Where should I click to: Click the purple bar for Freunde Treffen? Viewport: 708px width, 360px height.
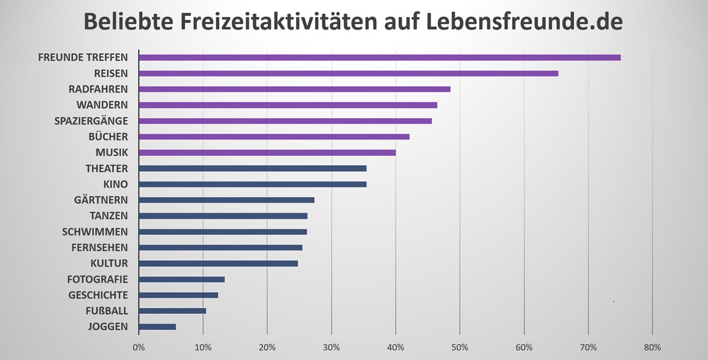click(x=379, y=57)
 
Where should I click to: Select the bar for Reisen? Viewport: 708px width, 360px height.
click(x=348, y=73)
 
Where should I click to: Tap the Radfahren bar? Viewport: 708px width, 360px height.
click(x=294, y=89)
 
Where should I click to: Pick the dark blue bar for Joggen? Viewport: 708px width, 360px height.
click(x=158, y=326)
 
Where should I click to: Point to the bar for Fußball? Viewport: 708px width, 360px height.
click(x=172, y=310)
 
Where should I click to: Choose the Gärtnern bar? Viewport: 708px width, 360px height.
click(x=227, y=200)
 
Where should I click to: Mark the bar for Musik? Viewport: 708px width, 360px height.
click(x=267, y=152)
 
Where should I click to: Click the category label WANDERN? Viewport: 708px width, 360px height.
click(x=102, y=105)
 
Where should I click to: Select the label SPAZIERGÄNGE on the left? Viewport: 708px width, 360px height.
click(x=91, y=121)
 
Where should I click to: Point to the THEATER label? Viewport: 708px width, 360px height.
click(x=107, y=168)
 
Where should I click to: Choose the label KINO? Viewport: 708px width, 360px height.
click(x=116, y=184)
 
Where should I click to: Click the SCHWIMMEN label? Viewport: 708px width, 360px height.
click(x=95, y=231)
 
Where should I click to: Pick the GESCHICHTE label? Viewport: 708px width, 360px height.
click(x=98, y=295)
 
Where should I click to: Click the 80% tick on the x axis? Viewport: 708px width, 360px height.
click(x=652, y=347)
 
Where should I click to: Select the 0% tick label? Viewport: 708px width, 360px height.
click(x=139, y=347)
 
